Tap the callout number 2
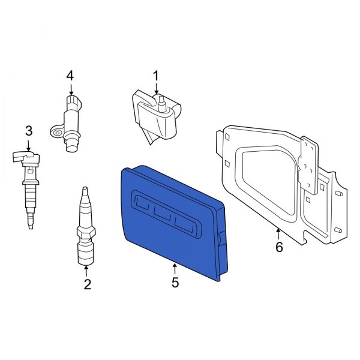[87, 285]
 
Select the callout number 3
[28, 130]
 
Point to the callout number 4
[70, 76]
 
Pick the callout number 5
[175, 283]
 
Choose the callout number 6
[278, 247]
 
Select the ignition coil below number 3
[28, 186]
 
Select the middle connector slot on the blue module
[164, 214]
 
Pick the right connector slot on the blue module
[185, 224]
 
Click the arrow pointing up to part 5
[175, 268]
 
